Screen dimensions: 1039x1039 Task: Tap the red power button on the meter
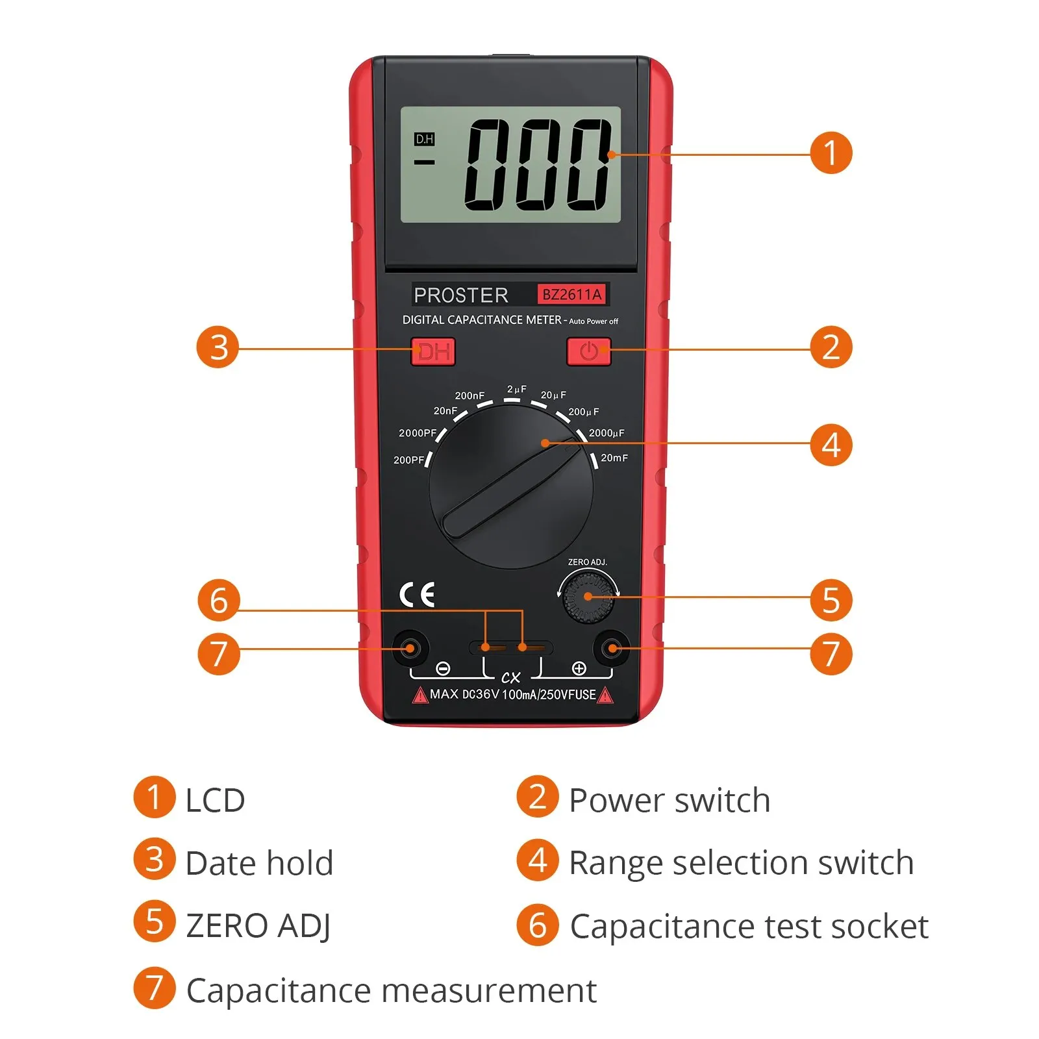[588, 351]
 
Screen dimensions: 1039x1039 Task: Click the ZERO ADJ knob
[588, 596]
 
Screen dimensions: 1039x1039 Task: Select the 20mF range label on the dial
[614, 458]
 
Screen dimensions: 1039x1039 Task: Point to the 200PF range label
[408, 460]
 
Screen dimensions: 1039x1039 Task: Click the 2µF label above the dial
[517, 389]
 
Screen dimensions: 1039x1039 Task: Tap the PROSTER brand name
[461, 295]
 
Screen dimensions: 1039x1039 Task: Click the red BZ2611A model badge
[572, 295]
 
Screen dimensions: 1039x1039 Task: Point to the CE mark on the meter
[417, 595]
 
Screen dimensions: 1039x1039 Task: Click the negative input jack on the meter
[410, 647]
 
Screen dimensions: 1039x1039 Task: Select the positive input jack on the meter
[610, 647]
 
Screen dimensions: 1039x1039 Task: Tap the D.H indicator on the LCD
[424, 139]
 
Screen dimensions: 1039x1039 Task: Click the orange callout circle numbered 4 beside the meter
[831, 445]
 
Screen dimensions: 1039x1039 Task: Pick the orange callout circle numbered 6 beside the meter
[219, 599]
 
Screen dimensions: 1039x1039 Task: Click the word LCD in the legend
[215, 800]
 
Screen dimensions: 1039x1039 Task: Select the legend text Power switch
[670, 799]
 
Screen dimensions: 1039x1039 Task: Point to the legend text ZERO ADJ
[258, 926]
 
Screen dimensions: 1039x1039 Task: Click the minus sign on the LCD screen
[424, 162]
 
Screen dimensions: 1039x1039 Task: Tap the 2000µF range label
[607, 433]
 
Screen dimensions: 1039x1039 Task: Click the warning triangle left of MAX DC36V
[420, 695]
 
